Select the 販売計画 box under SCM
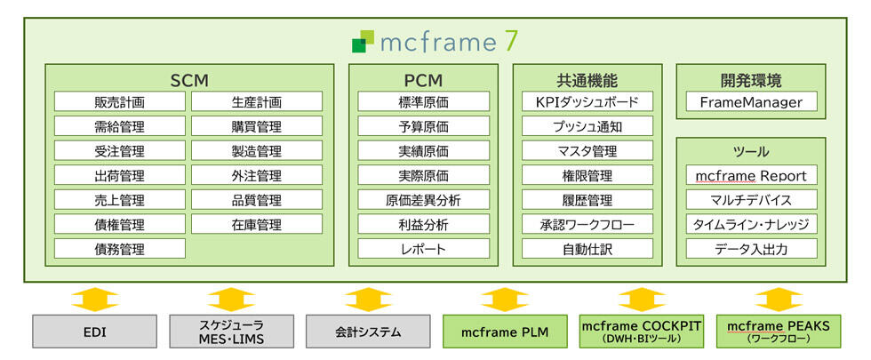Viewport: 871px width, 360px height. click(120, 101)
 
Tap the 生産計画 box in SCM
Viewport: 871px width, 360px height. click(257, 101)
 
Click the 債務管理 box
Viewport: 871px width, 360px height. click(120, 249)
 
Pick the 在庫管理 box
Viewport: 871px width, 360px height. click(257, 224)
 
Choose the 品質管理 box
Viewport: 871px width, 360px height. click(257, 200)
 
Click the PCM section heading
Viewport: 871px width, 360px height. click(423, 80)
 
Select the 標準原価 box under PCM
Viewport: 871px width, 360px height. click(423, 101)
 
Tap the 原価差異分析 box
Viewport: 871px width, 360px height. click(423, 200)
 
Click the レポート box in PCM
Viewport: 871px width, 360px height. click(423, 249)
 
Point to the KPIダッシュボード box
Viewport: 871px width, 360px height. click(587, 101)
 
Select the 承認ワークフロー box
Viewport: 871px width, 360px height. click(587, 224)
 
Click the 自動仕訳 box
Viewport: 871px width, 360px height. click(587, 249)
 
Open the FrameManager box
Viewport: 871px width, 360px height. click(751, 102)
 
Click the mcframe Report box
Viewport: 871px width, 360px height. click(751, 175)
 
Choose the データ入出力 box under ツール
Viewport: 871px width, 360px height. click(751, 249)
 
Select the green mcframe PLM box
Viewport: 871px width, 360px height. click(504, 332)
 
